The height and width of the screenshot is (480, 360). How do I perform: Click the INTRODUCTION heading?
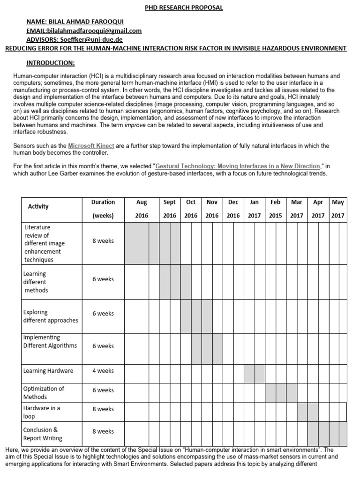coord(50,63)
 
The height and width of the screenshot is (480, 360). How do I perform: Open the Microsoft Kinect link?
coord(91,146)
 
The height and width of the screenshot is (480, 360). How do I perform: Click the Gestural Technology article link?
coord(238,166)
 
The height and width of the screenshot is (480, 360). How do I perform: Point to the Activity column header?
coord(38,206)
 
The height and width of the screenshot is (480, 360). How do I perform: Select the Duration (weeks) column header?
coord(103,209)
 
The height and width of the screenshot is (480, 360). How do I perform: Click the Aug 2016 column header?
coord(142,209)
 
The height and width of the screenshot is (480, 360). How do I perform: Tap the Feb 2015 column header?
coord(276,209)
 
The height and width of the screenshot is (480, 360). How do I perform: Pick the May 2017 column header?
coord(337,209)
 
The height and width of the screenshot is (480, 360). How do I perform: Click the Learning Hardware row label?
coord(48,371)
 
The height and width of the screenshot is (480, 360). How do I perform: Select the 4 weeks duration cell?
coord(103,371)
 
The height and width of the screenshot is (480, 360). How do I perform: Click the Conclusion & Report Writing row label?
coord(42,434)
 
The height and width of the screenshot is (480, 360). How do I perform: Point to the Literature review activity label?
coord(44,244)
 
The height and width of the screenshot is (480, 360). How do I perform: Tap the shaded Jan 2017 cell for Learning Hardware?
coord(254,373)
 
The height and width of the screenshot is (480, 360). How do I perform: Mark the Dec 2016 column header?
coord(233,209)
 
